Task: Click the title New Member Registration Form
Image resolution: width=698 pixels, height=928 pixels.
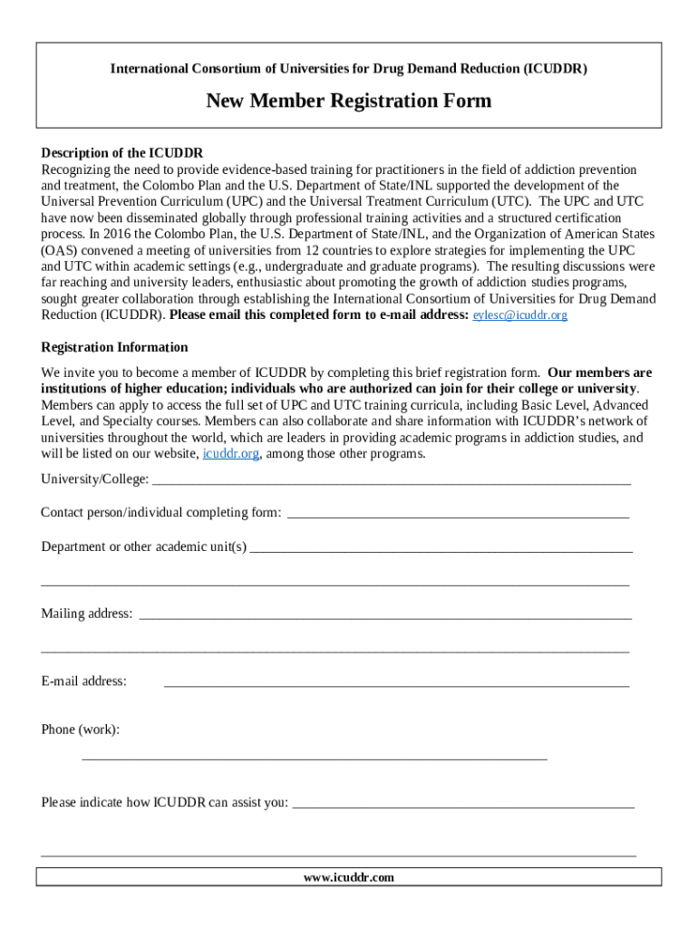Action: pos(348,101)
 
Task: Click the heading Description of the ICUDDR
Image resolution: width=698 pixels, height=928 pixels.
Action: pos(121,152)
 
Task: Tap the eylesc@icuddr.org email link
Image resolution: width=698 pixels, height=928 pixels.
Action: pos(520,315)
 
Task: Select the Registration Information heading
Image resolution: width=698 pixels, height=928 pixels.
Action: pos(114,347)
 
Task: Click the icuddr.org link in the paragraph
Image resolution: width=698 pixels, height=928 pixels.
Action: pos(231,454)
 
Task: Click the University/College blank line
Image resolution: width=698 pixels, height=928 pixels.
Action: pos(392,482)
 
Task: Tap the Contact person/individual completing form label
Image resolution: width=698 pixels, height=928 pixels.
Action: pos(161,513)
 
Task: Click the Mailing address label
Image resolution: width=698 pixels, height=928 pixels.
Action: pos(86,614)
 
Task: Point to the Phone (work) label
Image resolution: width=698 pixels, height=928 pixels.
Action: pos(80,730)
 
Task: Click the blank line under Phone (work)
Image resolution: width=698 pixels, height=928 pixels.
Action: pos(315,757)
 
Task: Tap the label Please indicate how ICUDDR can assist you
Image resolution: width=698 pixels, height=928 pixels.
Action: pos(165,802)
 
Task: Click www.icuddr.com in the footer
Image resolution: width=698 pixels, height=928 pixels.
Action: pos(349,877)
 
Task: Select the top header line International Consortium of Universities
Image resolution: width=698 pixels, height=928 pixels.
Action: pos(348,69)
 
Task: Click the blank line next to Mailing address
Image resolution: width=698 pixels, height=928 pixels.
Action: pos(385,617)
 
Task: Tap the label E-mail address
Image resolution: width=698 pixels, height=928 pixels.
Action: pos(83,681)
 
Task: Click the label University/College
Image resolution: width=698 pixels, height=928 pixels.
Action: pos(94,478)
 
